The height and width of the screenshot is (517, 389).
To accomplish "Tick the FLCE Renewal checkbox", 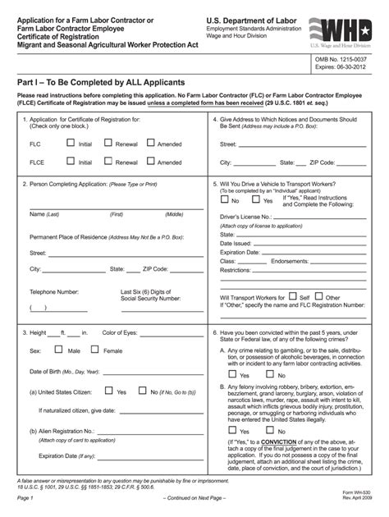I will pos(111,162).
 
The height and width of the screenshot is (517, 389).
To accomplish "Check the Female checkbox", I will pos(94,350).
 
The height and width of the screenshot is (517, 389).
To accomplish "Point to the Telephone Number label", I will pos(54,291).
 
